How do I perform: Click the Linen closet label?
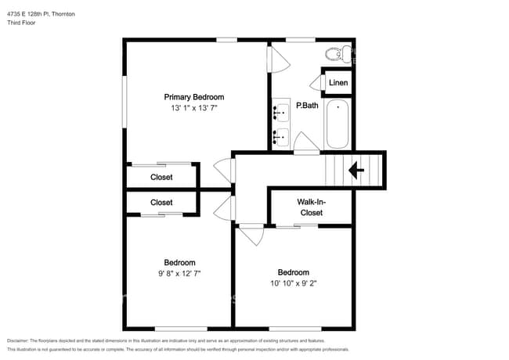(338, 83)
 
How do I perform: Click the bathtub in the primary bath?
(338, 124)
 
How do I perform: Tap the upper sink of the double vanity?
(280, 113)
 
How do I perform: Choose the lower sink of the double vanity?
(280, 139)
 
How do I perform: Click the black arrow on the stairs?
(357, 170)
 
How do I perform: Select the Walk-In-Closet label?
(311, 207)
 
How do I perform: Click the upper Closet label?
(161, 177)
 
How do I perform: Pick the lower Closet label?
(161, 202)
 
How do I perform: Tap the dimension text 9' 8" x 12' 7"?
(179, 273)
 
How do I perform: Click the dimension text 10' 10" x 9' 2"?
(293, 284)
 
